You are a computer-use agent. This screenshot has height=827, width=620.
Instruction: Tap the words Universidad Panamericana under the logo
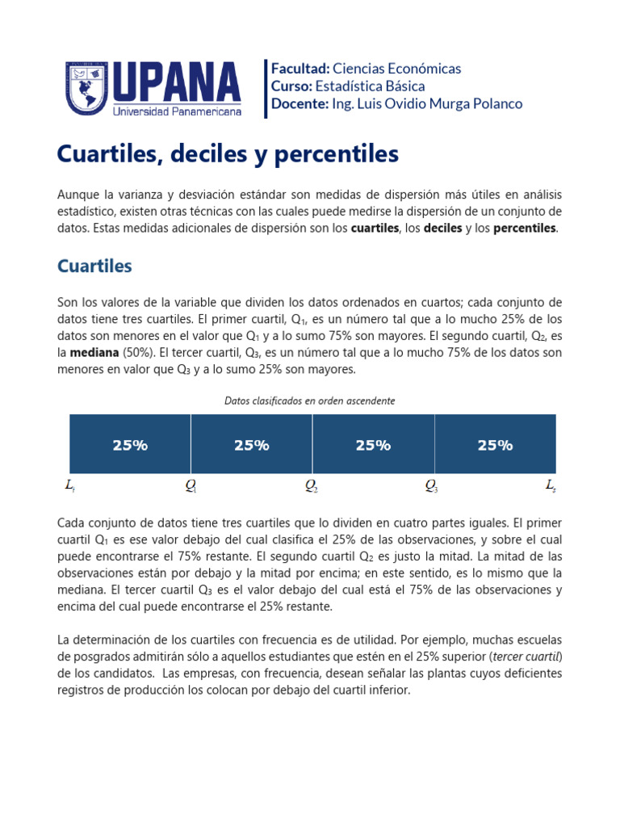tap(178, 112)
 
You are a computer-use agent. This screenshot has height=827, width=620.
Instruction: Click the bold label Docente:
tap(300, 103)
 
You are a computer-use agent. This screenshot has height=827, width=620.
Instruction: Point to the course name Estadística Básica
tap(370, 86)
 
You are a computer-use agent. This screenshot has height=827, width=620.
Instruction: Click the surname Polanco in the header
tap(495, 103)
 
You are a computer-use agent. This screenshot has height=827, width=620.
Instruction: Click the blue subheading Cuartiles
tap(94, 266)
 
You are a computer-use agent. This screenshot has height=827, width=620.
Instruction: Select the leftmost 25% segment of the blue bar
tap(130, 445)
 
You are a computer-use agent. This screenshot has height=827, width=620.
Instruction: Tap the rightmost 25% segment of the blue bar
tap(495, 445)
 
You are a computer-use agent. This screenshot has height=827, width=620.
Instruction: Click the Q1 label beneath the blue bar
tap(191, 487)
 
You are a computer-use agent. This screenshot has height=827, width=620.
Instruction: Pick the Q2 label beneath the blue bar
tap(312, 487)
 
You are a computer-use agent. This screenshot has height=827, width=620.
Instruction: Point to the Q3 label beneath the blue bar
tap(433, 487)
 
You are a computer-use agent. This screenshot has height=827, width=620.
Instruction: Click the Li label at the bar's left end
tap(70, 487)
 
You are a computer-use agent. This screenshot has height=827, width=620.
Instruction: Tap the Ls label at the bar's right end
tap(551, 487)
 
